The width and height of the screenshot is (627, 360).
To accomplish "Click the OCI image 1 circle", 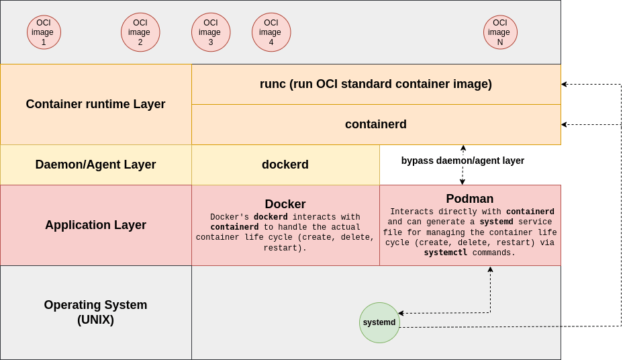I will pos(44,32).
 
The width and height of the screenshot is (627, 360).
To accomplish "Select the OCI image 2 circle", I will pos(140,32).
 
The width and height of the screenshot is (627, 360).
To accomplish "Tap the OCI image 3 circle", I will pos(211,32).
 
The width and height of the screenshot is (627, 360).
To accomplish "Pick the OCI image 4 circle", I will pos(271,32).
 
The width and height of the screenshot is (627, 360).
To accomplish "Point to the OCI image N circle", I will pos(500,32).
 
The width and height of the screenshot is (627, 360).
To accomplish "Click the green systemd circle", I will pos(379,322).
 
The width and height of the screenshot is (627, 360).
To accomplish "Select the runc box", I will pos(376,84).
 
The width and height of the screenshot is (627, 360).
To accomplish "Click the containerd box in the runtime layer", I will pos(376,124).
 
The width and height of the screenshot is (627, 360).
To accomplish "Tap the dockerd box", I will pos(285,165).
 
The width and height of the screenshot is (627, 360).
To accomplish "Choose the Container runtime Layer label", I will pos(95,104).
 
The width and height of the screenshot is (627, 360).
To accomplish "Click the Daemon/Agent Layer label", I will pos(95,165).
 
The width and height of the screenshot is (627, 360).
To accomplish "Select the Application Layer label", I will pos(95,225).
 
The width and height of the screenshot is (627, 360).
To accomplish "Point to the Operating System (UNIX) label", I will pos(95,312).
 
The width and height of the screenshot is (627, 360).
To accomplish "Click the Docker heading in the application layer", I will pos(285,204).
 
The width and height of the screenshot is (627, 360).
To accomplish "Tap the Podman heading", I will pos(470,199).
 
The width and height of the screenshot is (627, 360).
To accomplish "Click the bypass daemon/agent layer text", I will pos(463,161).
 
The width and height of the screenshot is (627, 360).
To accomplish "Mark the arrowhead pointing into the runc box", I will pos(564,84).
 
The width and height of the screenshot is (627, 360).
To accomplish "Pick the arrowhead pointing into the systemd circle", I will pos(401,313).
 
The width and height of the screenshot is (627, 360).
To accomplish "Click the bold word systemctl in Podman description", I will pos(446,253).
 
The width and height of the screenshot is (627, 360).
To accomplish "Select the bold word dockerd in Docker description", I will pos(271,218).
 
